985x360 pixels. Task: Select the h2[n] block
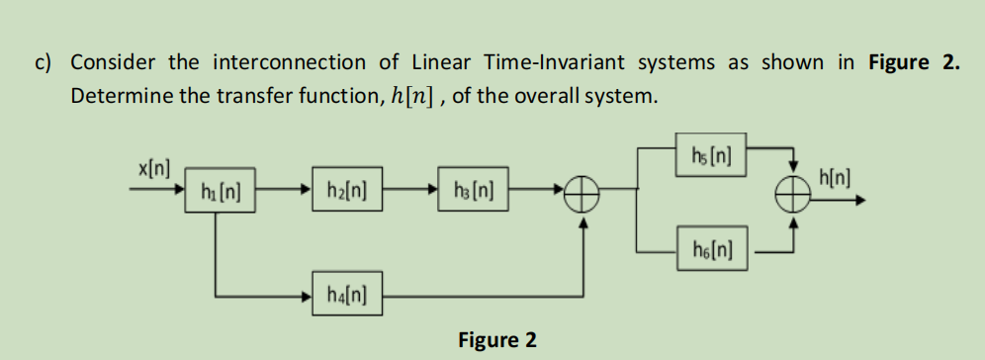(x=343, y=190)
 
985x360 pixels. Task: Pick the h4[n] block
(x=343, y=294)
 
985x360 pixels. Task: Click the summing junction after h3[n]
(x=586, y=196)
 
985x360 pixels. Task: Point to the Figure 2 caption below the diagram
(x=497, y=341)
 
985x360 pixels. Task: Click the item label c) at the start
(x=44, y=62)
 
